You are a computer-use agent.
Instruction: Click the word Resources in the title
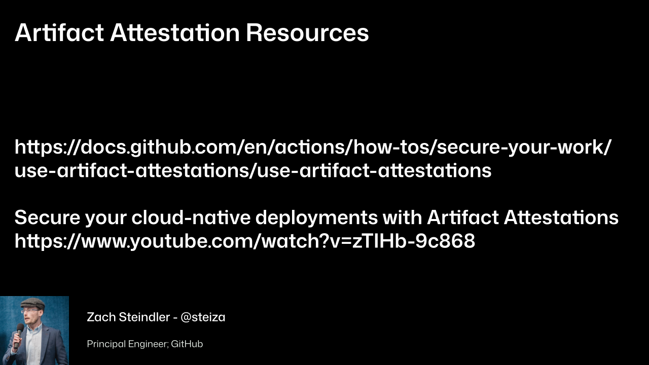click(307, 33)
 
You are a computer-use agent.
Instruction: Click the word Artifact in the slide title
click(59, 32)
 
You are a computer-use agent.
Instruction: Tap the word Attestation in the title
click(175, 32)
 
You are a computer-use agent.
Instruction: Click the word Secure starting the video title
click(47, 217)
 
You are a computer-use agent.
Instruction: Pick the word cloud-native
click(191, 217)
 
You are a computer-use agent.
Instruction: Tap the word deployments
click(316, 218)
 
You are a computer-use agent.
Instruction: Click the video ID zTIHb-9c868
click(413, 241)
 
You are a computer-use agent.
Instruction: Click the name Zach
click(101, 317)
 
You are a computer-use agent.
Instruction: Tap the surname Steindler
click(145, 317)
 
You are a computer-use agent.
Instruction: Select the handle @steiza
click(203, 317)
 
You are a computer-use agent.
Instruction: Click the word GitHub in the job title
click(187, 344)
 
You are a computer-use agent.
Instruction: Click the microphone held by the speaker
click(19, 336)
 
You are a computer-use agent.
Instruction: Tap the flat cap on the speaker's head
click(33, 304)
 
